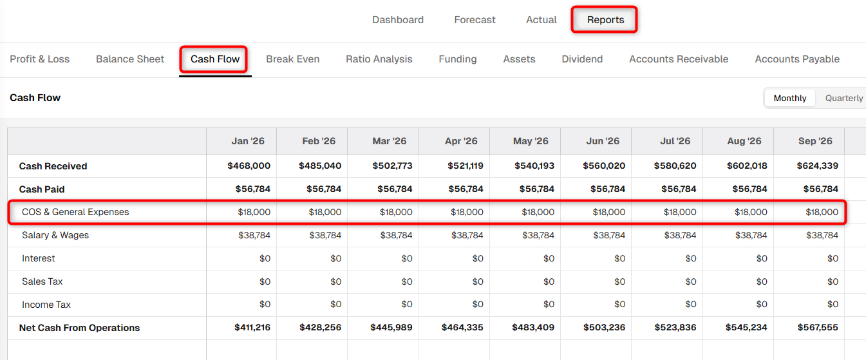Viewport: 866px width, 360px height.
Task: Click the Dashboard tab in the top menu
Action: [x=398, y=20]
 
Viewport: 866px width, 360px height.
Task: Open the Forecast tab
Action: [x=475, y=20]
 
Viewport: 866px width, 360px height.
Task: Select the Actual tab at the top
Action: [x=541, y=20]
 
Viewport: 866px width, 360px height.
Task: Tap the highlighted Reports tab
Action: [x=605, y=20]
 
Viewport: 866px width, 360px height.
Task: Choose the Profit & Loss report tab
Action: [x=39, y=59]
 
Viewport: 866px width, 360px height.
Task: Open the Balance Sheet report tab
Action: [x=130, y=59]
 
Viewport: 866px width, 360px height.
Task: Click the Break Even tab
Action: [x=293, y=59]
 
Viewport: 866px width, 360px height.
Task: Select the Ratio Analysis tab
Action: [x=379, y=59]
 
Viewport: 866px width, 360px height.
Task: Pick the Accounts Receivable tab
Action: [x=679, y=59]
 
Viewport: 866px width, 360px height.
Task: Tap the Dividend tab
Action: [x=582, y=59]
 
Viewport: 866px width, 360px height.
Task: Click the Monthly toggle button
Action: [x=790, y=99]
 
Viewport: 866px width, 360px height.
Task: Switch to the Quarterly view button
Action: [x=844, y=99]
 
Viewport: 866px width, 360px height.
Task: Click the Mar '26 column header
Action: [x=390, y=141]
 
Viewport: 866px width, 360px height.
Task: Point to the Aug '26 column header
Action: [x=744, y=141]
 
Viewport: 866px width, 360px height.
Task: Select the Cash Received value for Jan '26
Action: [x=249, y=166]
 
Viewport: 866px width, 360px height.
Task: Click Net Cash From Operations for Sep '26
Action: [x=818, y=328]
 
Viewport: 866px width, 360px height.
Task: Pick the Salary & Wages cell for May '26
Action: [x=538, y=235]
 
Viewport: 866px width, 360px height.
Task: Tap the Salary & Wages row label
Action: [x=55, y=235]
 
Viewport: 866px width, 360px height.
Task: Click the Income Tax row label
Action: [x=46, y=305]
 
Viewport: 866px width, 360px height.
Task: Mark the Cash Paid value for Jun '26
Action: [x=608, y=189]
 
